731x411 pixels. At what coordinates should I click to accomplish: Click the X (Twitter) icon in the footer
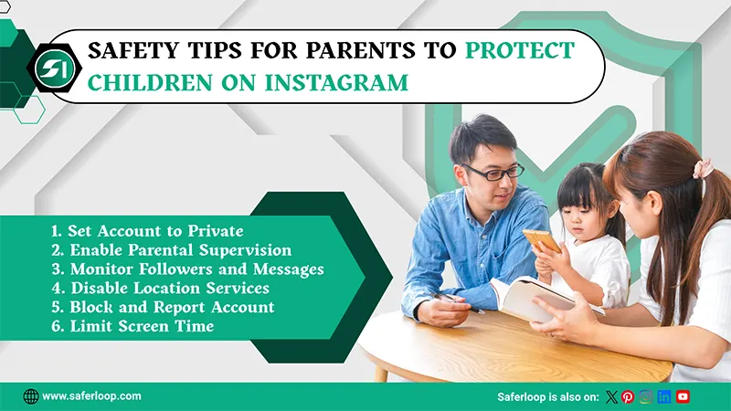click(612, 396)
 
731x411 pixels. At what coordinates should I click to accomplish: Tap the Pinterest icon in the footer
click(628, 396)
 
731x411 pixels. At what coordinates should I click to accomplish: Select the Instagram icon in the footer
click(646, 396)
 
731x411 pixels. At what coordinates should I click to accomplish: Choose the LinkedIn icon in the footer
click(664, 396)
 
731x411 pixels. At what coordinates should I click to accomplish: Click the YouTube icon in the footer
click(683, 396)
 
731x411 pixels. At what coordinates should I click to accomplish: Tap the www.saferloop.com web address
click(91, 396)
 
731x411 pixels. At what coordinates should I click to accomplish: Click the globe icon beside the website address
click(31, 396)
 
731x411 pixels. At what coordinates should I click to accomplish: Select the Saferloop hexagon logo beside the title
click(45, 68)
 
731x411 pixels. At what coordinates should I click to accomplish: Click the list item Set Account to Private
click(146, 231)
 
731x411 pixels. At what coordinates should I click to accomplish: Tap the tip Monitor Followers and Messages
click(187, 269)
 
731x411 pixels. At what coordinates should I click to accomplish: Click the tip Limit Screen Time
click(132, 327)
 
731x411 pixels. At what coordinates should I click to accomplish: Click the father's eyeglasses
click(493, 171)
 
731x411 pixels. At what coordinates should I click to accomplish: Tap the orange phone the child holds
click(541, 240)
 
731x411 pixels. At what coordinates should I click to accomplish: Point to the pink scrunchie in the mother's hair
click(703, 168)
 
